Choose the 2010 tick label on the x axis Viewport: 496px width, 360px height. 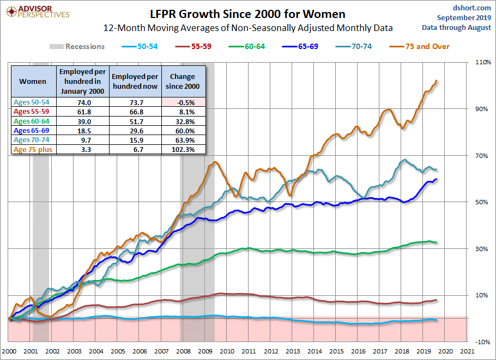click(x=227, y=351)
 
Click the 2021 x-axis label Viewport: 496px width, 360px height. click(x=467, y=351)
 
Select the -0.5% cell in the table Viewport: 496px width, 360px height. click(x=184, y=102)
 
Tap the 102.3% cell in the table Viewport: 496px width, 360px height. click(x=184, y=149)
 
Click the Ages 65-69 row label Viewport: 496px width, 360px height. click(x=33, y=130)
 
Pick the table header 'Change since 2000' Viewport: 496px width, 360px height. click(x=184, y=81)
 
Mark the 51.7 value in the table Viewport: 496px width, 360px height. click(x=136, y=121)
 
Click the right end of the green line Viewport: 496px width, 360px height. click(x=437, y=242)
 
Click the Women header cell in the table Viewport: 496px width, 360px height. click(x=33, y=81)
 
